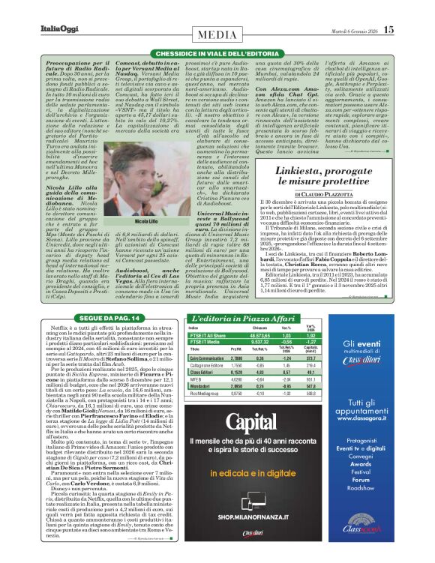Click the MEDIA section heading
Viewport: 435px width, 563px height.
[217, 34]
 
